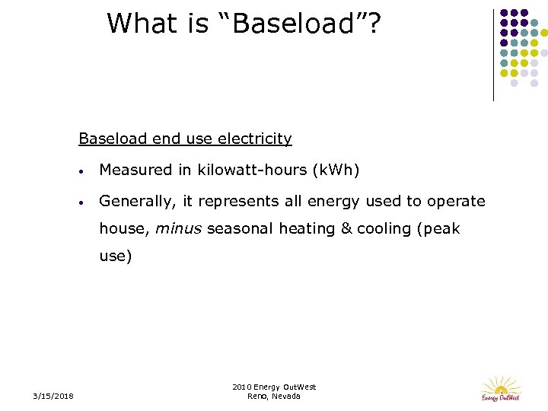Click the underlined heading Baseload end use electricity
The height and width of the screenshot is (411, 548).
(x=185, y=139)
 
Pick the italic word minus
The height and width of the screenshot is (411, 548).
(x=179, y=228)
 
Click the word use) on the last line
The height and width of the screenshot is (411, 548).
(x=116, y=256)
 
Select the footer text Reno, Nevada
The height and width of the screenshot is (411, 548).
(x=274, y=396)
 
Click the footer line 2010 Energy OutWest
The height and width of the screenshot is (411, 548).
(x=274, y=387)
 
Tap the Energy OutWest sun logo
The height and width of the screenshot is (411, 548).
(x=501, y=387)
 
